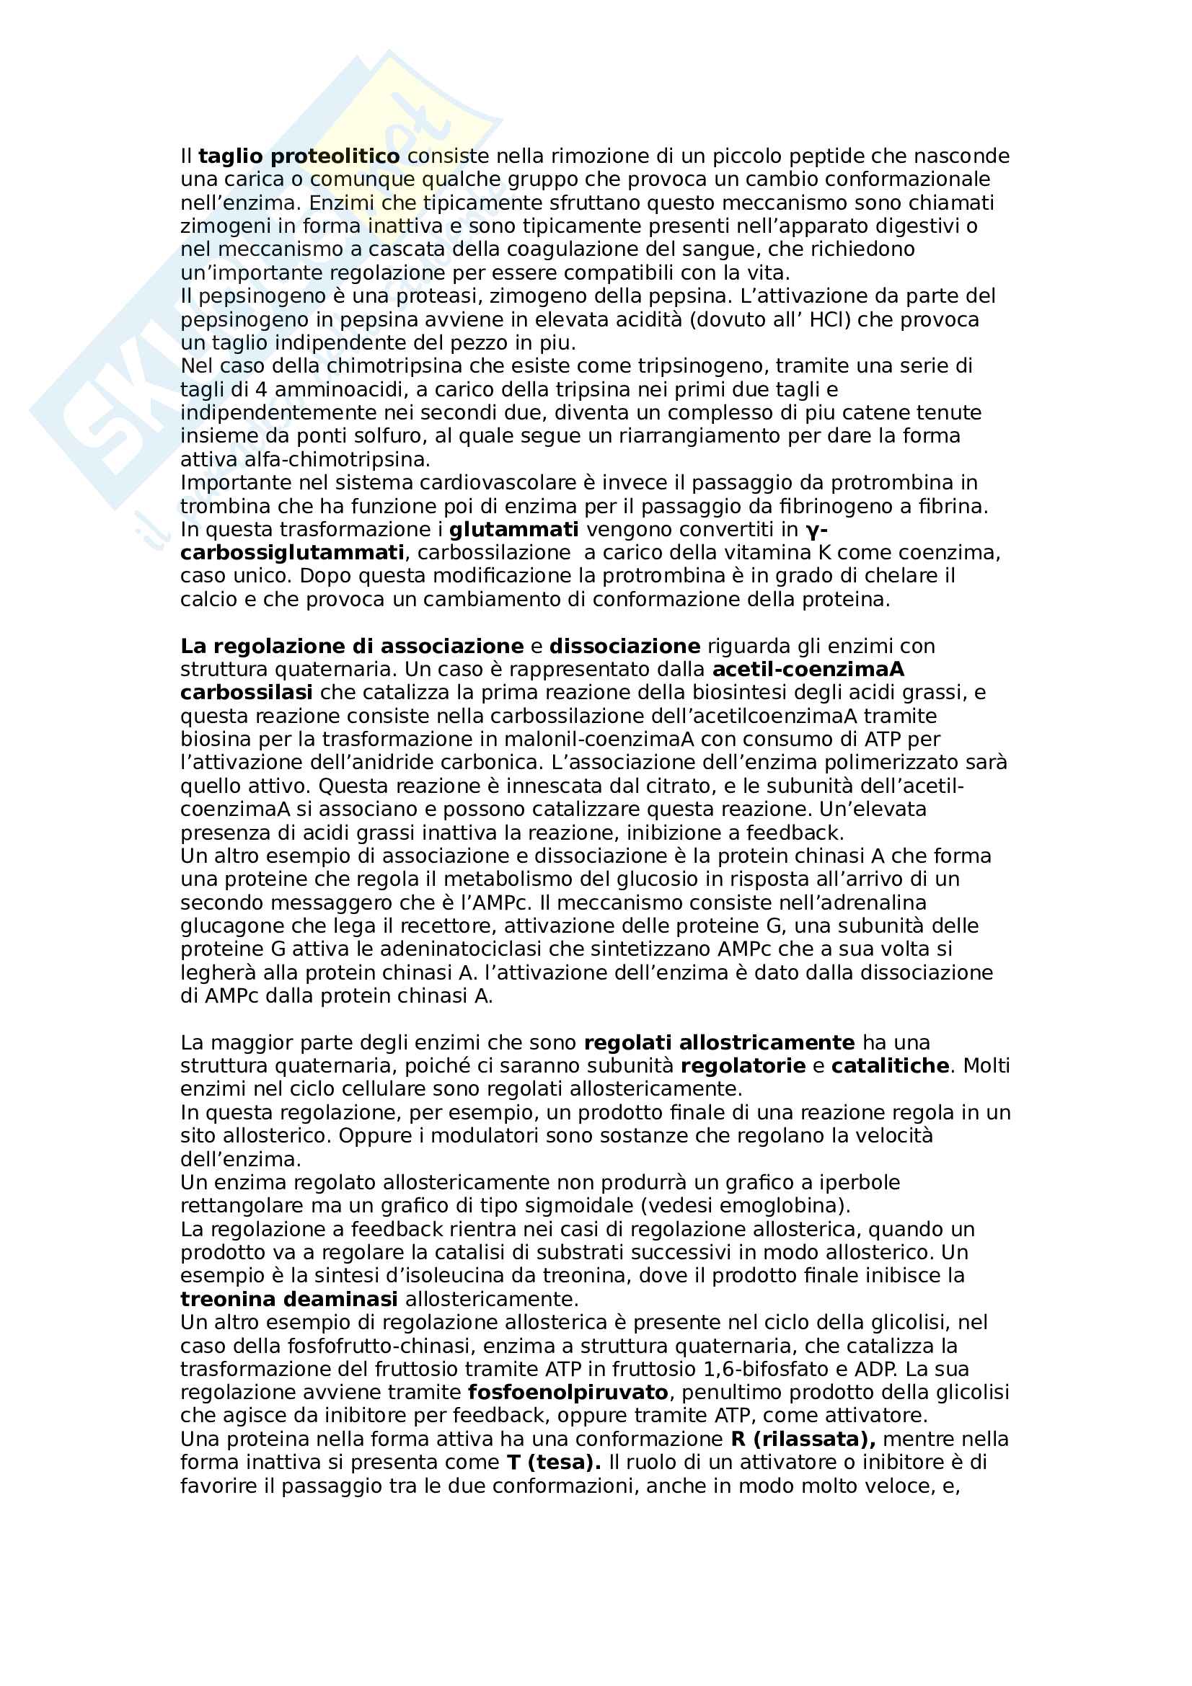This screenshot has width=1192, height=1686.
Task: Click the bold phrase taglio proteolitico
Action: point(299,156)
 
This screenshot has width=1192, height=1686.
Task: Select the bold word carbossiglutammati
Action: point(292,552)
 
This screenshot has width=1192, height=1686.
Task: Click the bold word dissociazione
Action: point(624,646)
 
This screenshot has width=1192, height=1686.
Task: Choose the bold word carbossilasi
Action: point(246,693)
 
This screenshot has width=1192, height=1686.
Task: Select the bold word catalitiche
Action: point(890,1065)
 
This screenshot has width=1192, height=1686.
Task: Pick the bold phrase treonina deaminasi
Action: point(288,1299)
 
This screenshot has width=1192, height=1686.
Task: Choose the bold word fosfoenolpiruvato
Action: point(568,1393)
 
